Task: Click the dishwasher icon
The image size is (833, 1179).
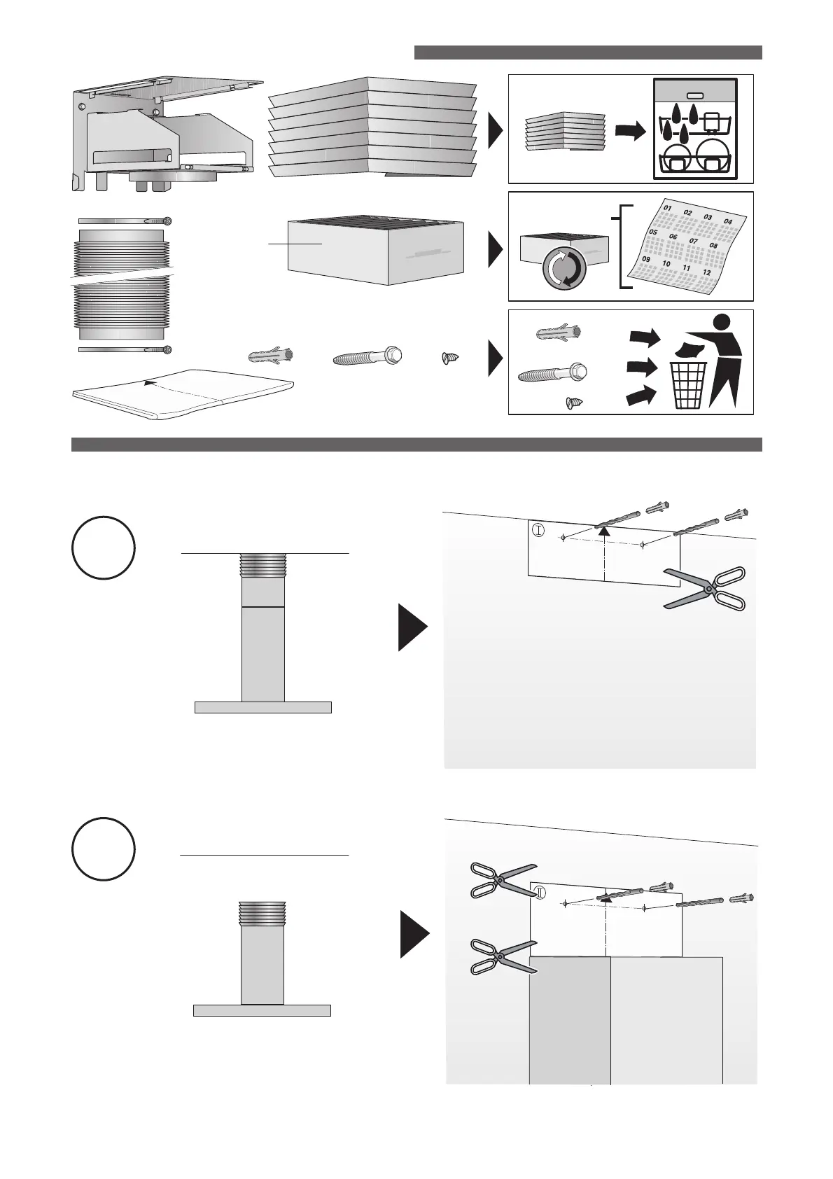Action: [x=694, y=130]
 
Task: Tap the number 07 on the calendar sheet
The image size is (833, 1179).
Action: [x=694, y=241]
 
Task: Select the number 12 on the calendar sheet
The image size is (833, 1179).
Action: [x=707, y=272]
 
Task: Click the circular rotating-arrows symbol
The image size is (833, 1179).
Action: [x=563, y=268]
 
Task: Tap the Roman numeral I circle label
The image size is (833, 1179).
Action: [x=538, y=530]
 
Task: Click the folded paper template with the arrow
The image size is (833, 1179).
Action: [x=183, y=393]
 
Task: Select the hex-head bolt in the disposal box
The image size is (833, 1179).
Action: [x=552, y=373]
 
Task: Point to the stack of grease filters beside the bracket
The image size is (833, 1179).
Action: [x=372, y=130]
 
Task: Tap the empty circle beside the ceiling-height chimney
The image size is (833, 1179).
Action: [x=103, y=548]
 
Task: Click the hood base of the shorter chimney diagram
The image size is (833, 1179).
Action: [x=262, y=1010]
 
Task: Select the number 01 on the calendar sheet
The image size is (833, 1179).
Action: [x=667, y=208]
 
